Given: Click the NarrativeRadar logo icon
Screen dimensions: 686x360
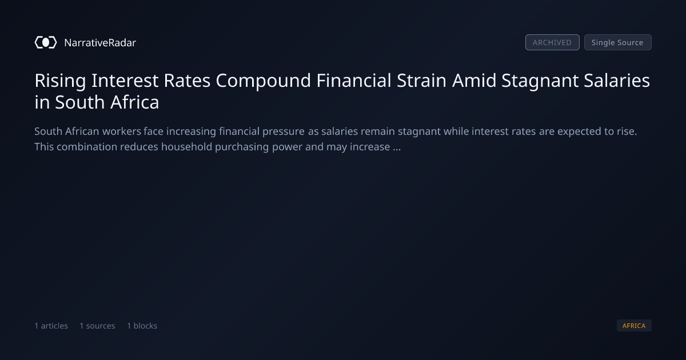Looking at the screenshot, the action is tap(46, 42).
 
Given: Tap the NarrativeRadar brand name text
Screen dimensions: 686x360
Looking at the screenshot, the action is tap(100, 42).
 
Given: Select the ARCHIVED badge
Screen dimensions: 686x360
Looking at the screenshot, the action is tap(552, 42).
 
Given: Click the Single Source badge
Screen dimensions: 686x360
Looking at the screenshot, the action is tap(618, 42).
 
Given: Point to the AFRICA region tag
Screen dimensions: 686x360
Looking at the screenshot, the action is tap(634, 325).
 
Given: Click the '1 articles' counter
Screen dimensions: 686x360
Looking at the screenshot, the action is tap(51, 326).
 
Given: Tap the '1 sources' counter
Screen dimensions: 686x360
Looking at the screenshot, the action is tap(97, 326).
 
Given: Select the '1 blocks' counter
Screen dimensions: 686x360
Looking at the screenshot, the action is tap(142, 326).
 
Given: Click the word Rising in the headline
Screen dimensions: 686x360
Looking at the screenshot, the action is tap(61, 81).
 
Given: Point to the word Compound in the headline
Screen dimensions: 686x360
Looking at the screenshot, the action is tap(264, 81).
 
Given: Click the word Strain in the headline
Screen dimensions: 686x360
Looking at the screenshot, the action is tap(422, 81).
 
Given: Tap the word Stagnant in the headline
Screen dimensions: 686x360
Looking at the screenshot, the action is tap(540, 81).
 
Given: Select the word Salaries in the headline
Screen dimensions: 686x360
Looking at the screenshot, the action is tap(617, 81).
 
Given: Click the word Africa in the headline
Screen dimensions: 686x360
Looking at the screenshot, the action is tap(135, 102).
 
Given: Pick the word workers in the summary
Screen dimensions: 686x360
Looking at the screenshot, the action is tap(122, 131).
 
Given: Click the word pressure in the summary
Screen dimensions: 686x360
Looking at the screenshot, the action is tap(284, 132).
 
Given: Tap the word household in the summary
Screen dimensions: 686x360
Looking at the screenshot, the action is tap(187, 147).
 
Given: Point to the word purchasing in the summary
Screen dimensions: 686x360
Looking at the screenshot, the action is tap(242, 147).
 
